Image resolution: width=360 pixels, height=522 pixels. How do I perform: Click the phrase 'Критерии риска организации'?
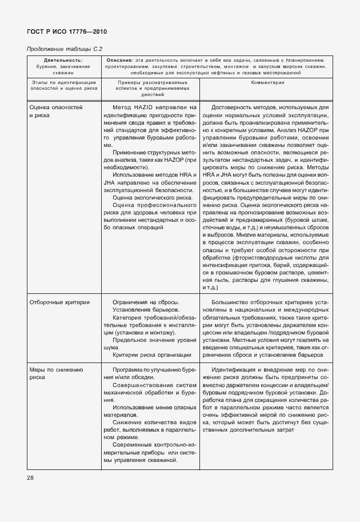coord(151,354)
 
